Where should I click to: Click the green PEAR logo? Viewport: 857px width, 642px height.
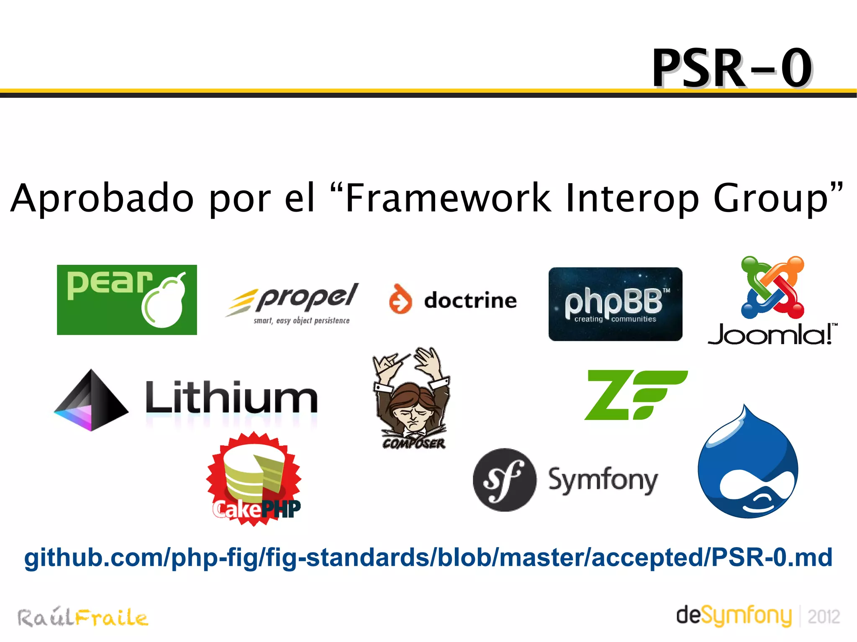click(127, 299)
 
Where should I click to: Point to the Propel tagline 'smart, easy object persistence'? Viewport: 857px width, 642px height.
click(301, 321)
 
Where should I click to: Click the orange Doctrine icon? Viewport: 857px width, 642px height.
click(400, 299)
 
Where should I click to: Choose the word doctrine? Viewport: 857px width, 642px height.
click(470, 300)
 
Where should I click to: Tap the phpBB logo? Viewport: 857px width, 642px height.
click(615, 304)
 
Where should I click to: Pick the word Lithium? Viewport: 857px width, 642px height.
click(231, 397)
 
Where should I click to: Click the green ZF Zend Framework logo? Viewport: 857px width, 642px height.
click(636, 395)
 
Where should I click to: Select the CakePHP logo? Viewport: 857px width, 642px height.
click(254, 479)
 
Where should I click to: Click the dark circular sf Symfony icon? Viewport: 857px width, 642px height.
click(504, 480)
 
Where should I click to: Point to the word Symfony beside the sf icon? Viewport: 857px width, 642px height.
click(603, 480)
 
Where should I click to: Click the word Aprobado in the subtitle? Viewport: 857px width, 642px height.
click(103, 198)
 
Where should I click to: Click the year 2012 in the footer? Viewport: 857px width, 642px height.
click(824, 617)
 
